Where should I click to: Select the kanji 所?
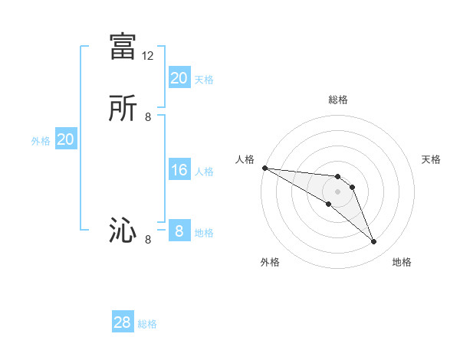(123, 108)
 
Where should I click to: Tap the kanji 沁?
(123, 231)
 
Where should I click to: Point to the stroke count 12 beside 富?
(148, 56)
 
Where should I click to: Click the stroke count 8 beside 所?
(148, 117)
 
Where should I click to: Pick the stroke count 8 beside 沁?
(148, 240)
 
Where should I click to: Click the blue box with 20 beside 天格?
(179, 77)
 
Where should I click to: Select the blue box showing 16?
(179, 170)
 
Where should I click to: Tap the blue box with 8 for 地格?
(179, 231)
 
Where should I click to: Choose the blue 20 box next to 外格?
(66, 139)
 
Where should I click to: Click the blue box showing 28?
(123, 322)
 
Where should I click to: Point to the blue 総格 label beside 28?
(147, 324)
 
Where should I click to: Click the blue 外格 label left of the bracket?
(41, 141)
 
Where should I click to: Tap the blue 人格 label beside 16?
(204, 172)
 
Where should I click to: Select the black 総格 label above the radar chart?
(338, 100)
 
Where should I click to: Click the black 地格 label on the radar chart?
(402, 262)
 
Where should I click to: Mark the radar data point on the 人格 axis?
(264, 168)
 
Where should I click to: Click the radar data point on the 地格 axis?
(374, 242)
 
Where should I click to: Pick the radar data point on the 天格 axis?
(352, 187)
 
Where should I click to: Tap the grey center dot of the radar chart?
(338, 191)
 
